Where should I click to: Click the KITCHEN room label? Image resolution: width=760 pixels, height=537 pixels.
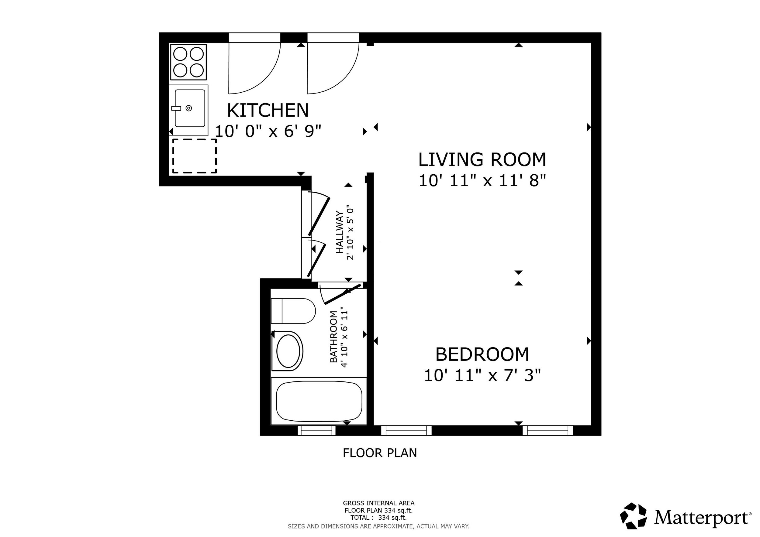coord(268,111)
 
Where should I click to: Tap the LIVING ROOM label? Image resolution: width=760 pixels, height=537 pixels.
coord(482,160)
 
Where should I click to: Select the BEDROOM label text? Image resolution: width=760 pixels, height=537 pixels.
coord(482,354)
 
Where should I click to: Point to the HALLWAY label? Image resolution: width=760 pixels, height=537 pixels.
coord(340,232)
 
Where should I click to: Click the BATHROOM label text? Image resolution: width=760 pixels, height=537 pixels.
coord(334,337)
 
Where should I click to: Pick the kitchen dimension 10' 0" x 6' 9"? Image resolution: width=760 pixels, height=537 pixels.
coord(268,131)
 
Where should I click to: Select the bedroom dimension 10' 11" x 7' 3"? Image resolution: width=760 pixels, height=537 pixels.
coord(482,375)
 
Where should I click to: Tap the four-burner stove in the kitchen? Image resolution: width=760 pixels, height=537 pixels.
coord(188,62)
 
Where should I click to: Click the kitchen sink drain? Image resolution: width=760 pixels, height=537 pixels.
coord(189,108)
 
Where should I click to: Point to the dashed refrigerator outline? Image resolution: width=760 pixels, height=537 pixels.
coord(195,156)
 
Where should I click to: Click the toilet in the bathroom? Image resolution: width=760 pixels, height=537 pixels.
coord(293,311)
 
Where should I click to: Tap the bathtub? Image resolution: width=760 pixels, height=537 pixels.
coord(319,402)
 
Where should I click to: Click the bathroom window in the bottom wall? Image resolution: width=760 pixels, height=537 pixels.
coord(316,430)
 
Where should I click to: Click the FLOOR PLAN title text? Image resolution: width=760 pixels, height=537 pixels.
coord(380,453)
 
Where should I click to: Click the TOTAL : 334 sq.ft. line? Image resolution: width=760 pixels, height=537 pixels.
coord(379,518)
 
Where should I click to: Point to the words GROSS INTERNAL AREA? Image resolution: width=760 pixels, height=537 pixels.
coord(379,503)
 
